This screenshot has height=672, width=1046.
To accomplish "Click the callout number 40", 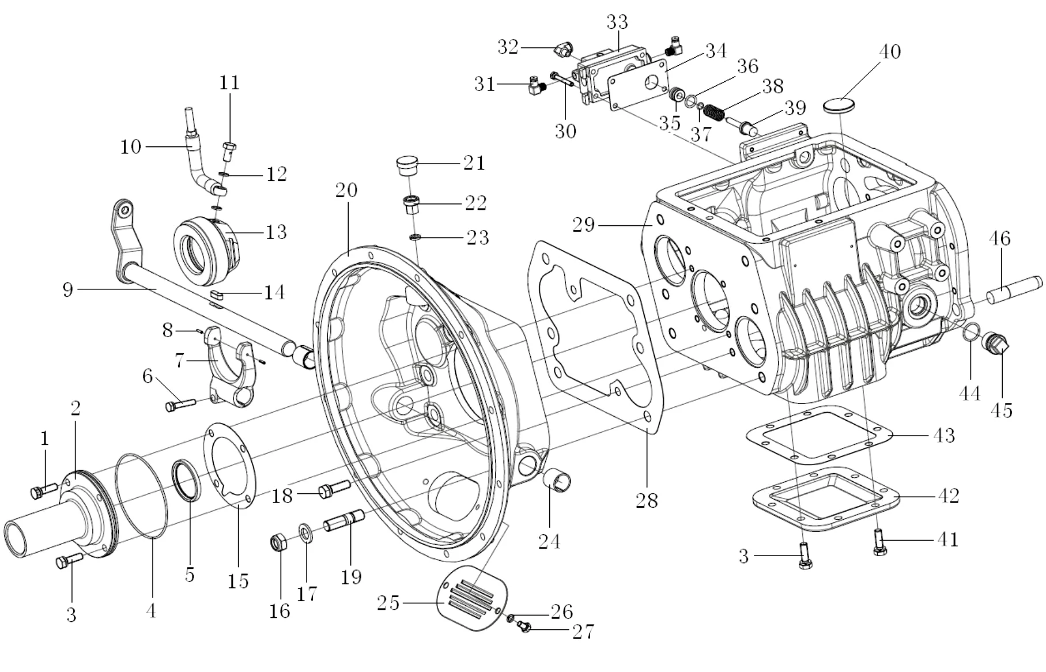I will (x=889, y=51).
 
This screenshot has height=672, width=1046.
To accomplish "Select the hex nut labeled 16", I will (x=279, y=542).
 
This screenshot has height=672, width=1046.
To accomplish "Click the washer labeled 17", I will (x=306, y=534).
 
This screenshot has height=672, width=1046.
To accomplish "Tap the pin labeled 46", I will (x=1014, y=290).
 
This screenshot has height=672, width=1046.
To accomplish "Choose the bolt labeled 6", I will (x=180, y=405).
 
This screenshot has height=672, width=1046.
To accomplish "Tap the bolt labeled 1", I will (x=43, y=490).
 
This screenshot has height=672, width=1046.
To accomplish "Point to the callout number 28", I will (x=647, y=500).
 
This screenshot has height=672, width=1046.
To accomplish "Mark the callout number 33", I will (x=617, y=22).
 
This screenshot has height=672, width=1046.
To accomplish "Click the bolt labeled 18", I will (x=334, y=489).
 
